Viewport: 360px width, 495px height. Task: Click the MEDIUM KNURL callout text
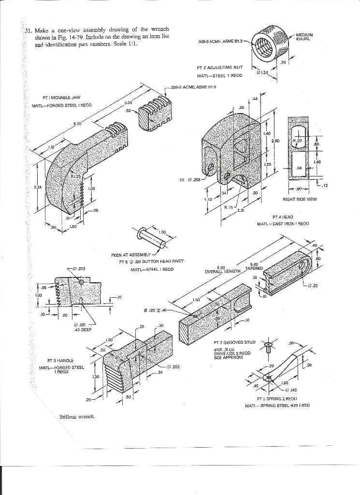pyautogui.click(x=304, y=36)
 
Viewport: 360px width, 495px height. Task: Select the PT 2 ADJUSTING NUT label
pyautogui.click(x=219, y=68)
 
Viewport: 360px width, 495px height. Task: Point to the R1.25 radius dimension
pyautogui.click(x=76, y=177)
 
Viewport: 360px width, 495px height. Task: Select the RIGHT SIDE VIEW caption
pyautogui.click(x=300, y=199)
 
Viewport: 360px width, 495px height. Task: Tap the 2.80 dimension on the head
pyautogui.click(x=275, y=141)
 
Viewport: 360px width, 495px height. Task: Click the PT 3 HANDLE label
pyautogui.click(x=60, y=361)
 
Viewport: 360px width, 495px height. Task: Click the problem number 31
pyautogui.click(x=28, y=30)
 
